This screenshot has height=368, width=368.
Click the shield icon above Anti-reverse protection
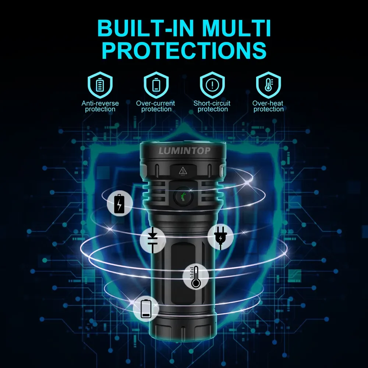pos(100,85)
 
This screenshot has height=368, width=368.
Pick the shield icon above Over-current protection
pos(156,85)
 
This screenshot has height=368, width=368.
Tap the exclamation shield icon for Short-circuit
pos(212,85)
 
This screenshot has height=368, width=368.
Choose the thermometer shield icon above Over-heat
pos(268,85)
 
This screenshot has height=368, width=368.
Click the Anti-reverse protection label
pos(100,106)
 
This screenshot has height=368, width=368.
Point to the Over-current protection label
pos(156,106)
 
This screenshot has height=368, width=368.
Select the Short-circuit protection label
pos(212,106)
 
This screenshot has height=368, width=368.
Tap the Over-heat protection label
pos(268,106)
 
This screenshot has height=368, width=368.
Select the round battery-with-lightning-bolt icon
pos(119,204)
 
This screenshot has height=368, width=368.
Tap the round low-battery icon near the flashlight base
pos(146,308)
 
